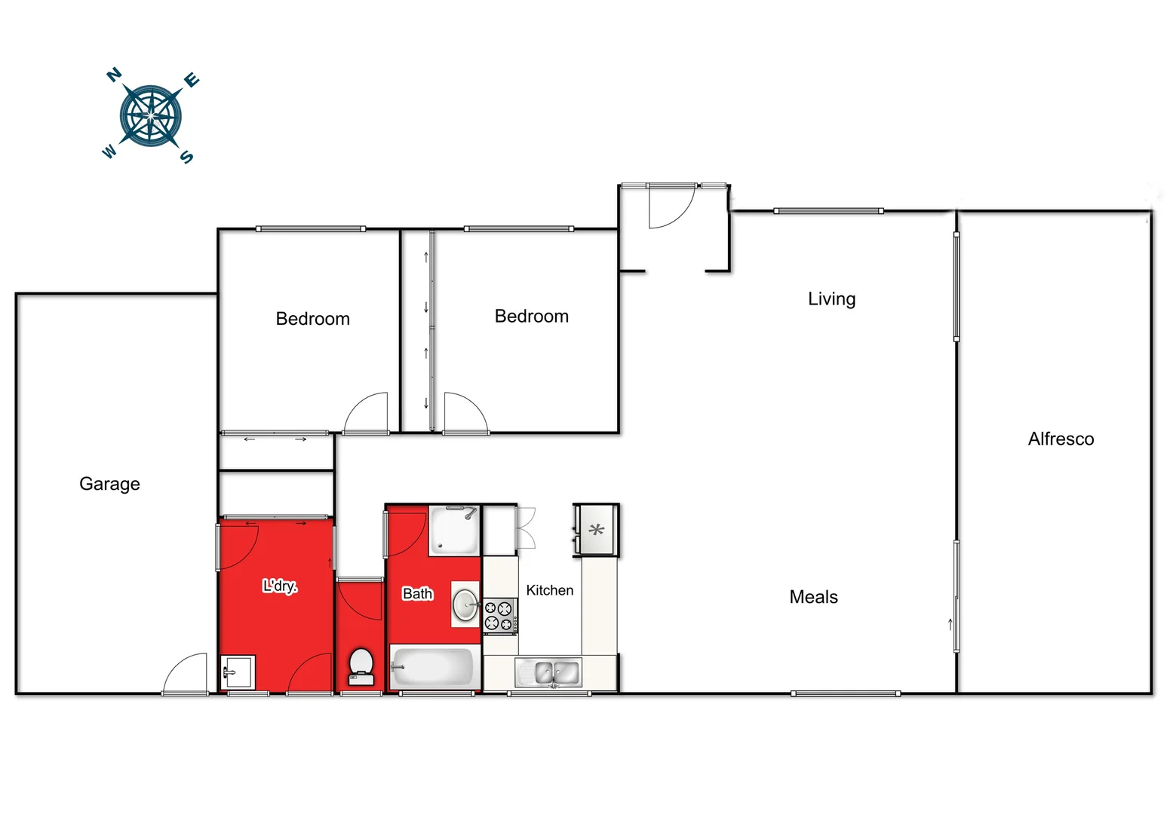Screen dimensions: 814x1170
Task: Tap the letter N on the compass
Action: (114, 75)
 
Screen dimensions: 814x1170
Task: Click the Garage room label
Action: (109, 484)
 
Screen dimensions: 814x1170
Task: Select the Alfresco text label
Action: (1061, 439)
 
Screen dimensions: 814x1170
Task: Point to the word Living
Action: (831, 299)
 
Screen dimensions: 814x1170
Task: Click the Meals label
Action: (813, 598)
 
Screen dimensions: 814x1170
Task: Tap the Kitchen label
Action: (549, 591)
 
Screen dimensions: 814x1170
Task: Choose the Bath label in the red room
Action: (417, 594)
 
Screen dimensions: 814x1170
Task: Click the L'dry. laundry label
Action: (280, 586)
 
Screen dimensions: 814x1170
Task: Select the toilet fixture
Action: (361, 667)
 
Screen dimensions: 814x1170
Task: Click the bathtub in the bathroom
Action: (433, 667)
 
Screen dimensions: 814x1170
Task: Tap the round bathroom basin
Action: (465, 604)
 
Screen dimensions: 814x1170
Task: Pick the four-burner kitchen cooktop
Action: (499, 616)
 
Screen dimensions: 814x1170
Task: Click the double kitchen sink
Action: (556, 672)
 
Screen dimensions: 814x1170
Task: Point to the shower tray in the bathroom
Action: (454, 531)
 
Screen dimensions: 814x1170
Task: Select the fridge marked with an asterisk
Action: (597, 531)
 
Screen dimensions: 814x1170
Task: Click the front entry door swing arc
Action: (671, 207)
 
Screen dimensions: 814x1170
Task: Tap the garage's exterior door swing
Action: (186, 673)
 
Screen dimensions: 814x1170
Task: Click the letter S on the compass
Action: (186, 157)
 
